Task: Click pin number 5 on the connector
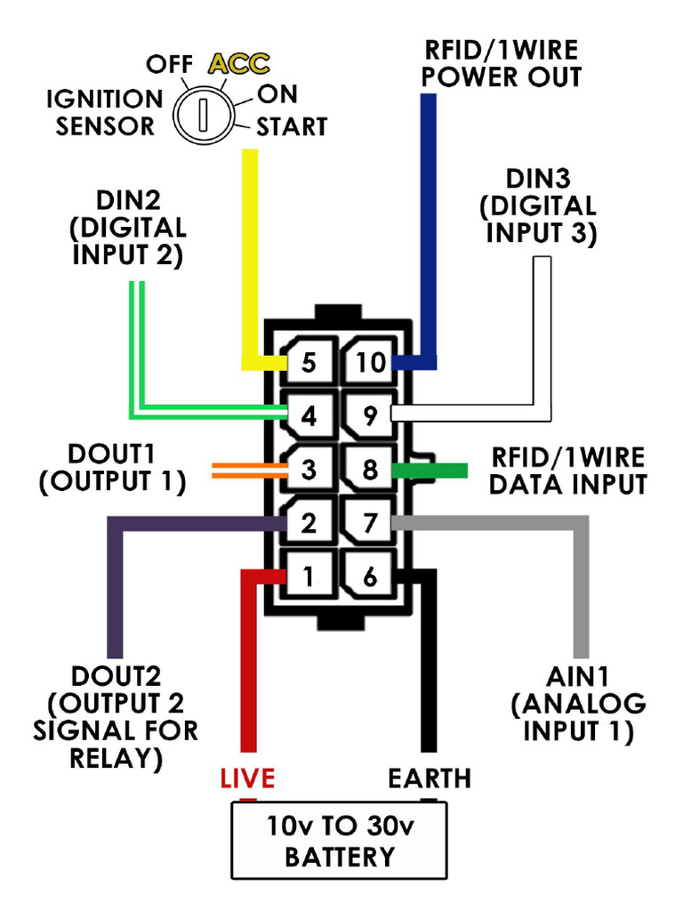click(x=309, y=363)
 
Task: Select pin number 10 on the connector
click(x=370, y=363)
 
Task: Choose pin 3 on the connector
click(x=309, y=470)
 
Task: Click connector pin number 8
click(x=370, y=470)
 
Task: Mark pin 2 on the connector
click(x=309, y=523)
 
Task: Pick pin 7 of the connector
click(x=370, y=523)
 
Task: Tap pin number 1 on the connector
click(x=309, y=576)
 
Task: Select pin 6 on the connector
click(x=370, y=576)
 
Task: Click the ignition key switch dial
click(x=203, y=114)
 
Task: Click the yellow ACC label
click(x=238, y=64)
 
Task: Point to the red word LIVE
click(x=247, y=779)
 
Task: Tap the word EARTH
click(x=429, y=779)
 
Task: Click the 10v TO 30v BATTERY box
click(x=340, y=841)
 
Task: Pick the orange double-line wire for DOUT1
click(x=245, y=470)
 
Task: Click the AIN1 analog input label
click(x=578, y=704)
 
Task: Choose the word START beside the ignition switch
click(x=292, y=127)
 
